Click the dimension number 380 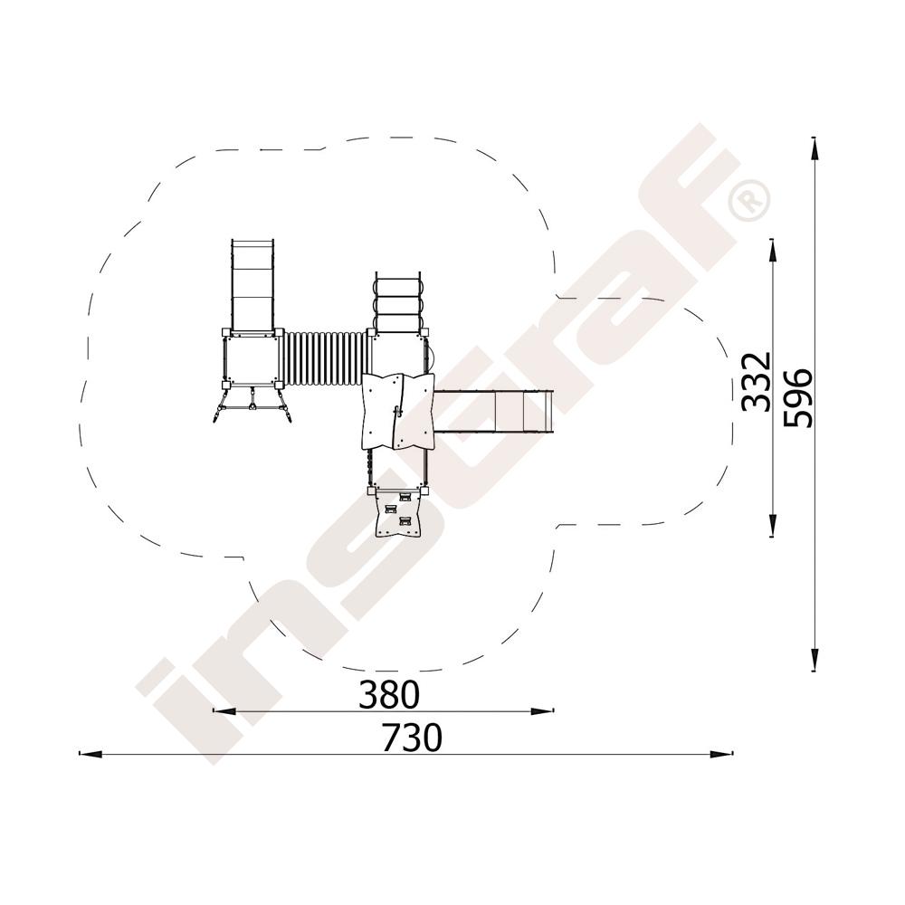[x=388, y=694]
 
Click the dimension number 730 [x=412, y=737]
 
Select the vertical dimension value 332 [x=756, y=382]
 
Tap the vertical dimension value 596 [x=797, y=398]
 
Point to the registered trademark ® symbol [x=749, y=200]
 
